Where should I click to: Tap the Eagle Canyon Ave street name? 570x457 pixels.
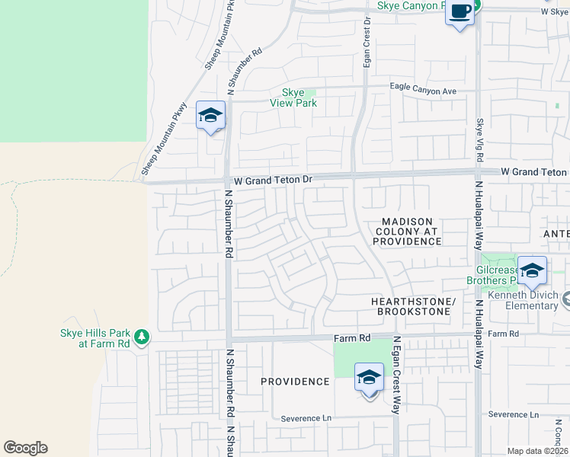pos(423,91)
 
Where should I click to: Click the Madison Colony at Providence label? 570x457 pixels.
pos(407,231)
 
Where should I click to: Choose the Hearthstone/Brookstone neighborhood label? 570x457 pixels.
pos(412,307)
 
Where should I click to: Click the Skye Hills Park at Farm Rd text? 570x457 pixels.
pos(95,338)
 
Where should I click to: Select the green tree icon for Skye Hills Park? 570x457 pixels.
pos(141,337)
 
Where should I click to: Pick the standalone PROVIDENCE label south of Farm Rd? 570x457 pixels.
pos(295,382)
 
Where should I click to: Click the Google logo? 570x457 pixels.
pos(25,447)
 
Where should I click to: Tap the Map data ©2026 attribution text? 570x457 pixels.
pos(537,451)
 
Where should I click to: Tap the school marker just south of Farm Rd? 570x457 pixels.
pos(369,378)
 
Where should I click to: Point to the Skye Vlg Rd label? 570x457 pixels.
pos(480,140)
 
